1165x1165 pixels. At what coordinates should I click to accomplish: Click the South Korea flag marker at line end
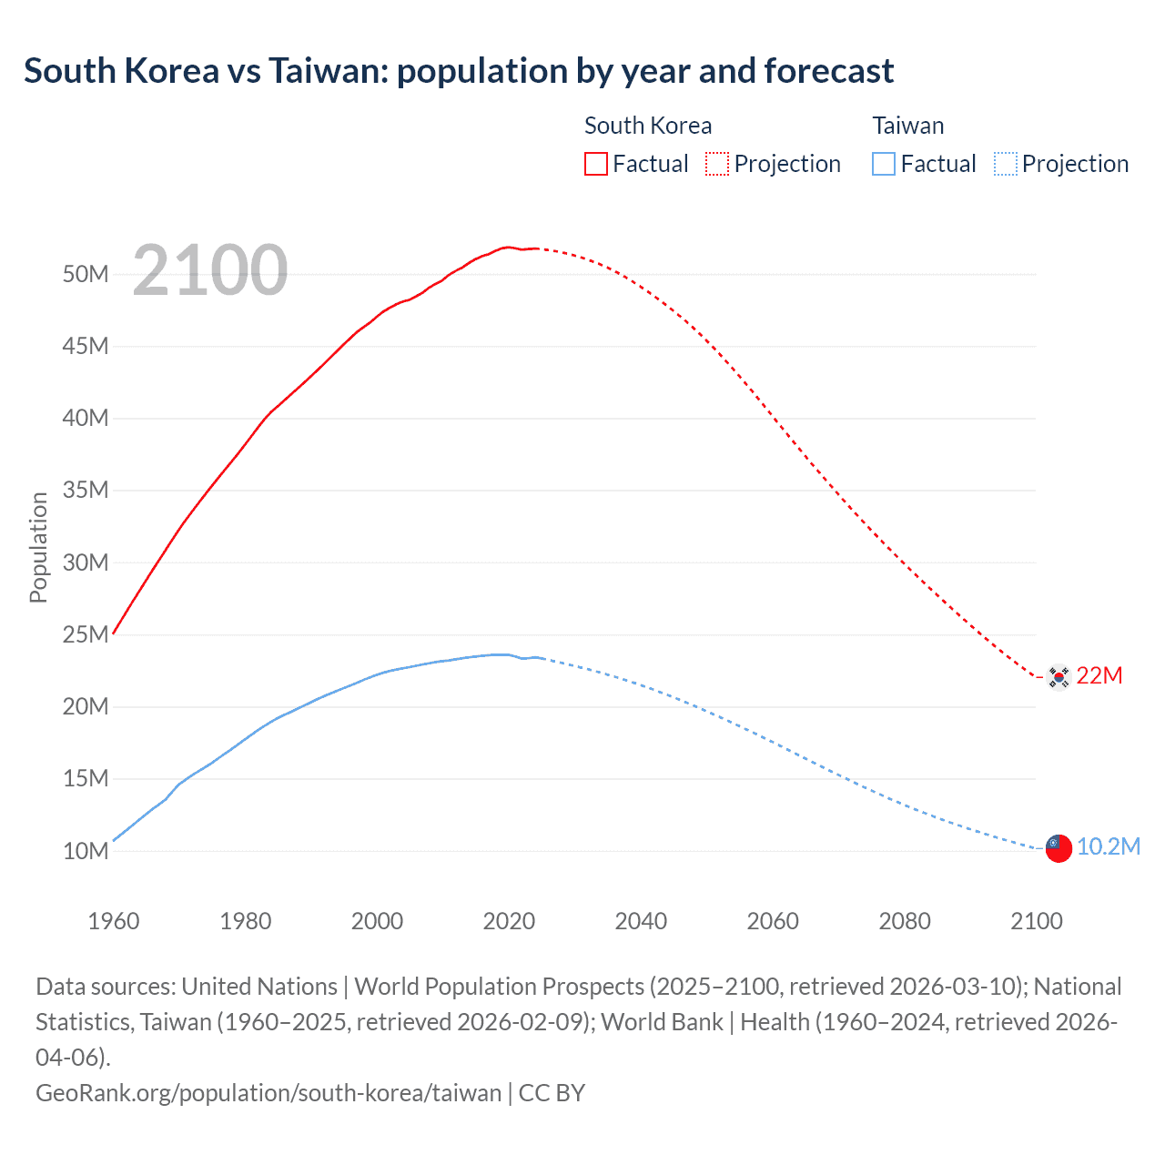[x=1058, y=676]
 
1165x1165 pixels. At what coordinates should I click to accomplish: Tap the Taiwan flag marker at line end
[x=1058, y=847]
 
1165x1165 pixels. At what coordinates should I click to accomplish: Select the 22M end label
[x=1099, y=675]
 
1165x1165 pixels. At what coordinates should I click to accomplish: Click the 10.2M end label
[x=1109, y=846]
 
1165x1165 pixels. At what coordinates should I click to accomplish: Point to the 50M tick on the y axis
[x=86, y=274]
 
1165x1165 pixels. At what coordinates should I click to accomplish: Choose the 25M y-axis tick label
[x=86, y=634]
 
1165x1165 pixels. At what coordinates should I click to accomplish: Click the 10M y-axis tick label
[x=86, y=851]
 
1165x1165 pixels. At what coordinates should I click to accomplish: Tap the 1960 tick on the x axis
[x=114, y=921]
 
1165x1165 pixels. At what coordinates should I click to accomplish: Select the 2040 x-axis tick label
[x=641, y=921]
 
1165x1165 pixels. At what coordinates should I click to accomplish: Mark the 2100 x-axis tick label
[x=1037, y=921]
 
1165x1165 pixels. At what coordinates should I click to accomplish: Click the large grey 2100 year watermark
[x=210, y=270]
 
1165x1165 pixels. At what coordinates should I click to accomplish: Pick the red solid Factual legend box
[x=595, y=164]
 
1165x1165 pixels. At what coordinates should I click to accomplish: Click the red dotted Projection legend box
[x=717, y=164]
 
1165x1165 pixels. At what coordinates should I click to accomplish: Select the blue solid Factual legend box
[x=883, y=164]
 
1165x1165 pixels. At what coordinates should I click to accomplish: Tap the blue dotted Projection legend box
[x=1006, y=164]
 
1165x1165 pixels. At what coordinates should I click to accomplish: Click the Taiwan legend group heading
[x=907, y=126]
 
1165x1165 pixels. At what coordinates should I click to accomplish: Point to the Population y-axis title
[x=38, y=547]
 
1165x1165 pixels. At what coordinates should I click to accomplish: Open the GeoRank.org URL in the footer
[x=268, y=1092]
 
